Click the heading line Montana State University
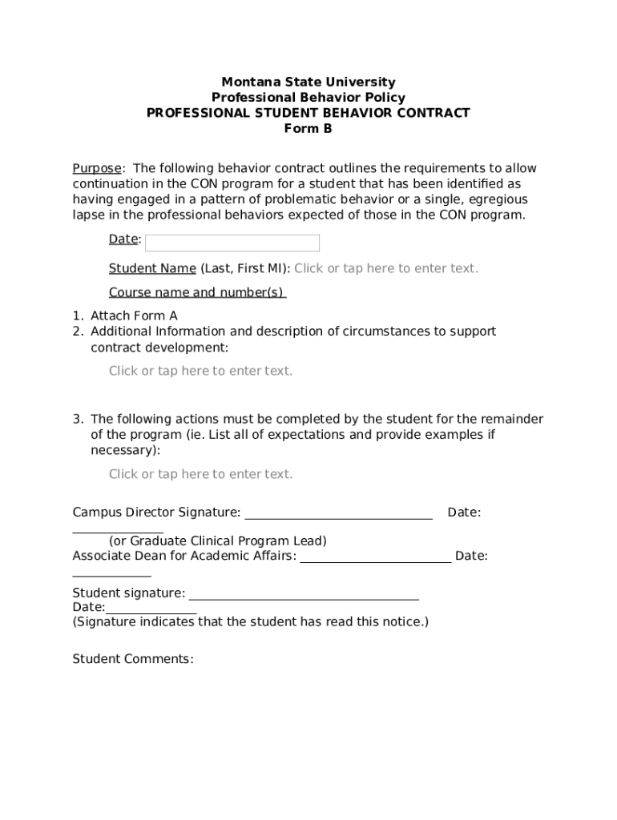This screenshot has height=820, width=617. (x=308, y=82)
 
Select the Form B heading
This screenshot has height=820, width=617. (x=308, y=128)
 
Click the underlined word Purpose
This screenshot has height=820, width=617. (x=97, y=168)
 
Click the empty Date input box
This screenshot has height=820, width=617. (x=232, y=243)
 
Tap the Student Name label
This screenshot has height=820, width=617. (x=152, y=268)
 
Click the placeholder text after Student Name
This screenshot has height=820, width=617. (x=385, y=268)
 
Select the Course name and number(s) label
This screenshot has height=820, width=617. (x=197, y=292)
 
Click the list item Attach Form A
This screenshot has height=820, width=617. (x=134, y=316)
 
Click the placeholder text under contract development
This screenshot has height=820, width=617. (x=200, y=371)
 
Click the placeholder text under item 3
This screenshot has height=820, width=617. (x=200, y=474)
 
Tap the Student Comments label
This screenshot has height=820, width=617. (x=133, y=659)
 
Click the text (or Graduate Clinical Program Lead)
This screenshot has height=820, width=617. (x=217, y=541)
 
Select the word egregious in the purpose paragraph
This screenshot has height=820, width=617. (x=498, y=199)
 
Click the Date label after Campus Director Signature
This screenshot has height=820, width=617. (x=464, y=512)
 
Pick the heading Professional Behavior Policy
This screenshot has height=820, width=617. (x=308, y=98)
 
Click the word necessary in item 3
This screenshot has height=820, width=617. (x=123, y=450)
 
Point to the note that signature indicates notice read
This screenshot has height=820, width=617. (x=250, y=621)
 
